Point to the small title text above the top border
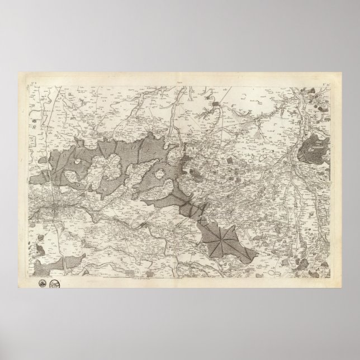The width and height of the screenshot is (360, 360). tap(180, 80)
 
